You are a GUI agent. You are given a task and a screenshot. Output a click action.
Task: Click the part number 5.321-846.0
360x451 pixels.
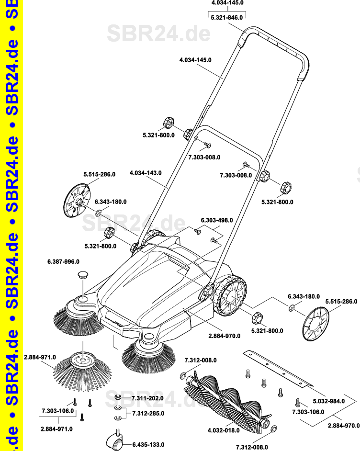click(x=227, y=17)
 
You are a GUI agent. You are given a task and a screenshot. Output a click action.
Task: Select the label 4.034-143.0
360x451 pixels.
click(x=146, y=173)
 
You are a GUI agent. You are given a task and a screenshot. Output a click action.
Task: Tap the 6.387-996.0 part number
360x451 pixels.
click(x=63, y=261)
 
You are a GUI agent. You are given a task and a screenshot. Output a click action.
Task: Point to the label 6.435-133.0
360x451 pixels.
click(x=148, y=444)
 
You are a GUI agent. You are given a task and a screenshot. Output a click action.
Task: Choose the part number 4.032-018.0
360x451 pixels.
click(x=223, y=430)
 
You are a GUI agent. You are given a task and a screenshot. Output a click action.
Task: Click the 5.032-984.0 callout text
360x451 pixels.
click(x=328, y=401)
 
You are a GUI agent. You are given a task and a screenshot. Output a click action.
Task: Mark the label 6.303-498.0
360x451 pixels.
click(x=216, y=220)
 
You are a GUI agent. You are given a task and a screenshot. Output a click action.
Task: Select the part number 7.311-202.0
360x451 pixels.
click(x=147, y=398)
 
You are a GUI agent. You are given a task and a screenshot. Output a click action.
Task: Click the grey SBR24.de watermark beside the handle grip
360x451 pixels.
click(x=158, y=34)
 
